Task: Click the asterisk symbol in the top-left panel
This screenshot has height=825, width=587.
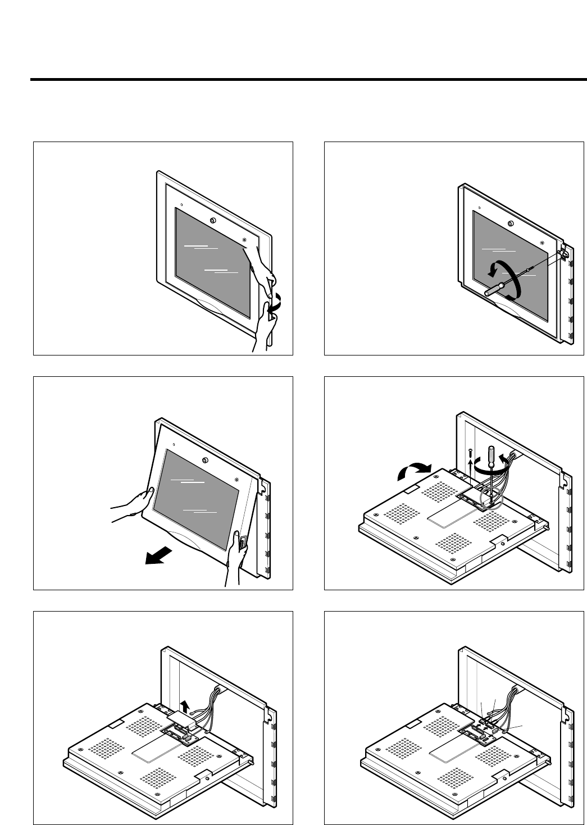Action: pyautogui.click(x=244, y=240)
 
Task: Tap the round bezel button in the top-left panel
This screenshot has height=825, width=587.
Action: pyautogui.click(x=212, y=221)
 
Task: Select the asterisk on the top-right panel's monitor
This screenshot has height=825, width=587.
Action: pyautogui.click(x=542, y=243)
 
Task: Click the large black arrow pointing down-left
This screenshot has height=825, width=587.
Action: pyautogui.click(x=157, y=556)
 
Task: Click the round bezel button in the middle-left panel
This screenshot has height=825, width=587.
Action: pyautogui.click(x=204, y=461)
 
